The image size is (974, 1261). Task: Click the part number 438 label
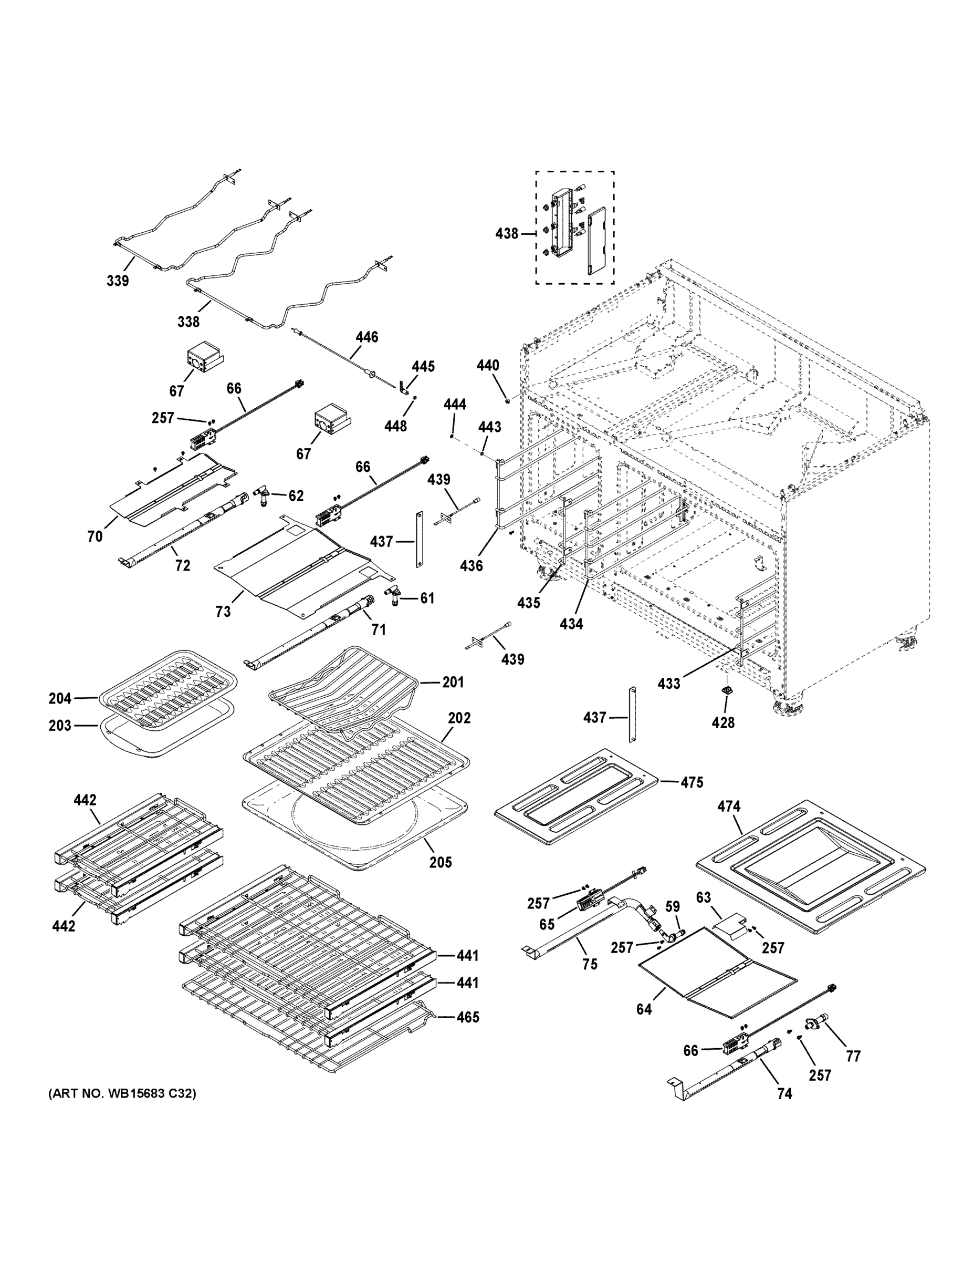506,234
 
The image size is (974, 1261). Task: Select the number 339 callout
118,281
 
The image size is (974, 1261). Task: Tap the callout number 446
366,337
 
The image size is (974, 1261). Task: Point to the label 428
723,722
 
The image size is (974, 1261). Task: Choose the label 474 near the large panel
729,806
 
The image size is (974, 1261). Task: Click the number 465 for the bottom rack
467,1017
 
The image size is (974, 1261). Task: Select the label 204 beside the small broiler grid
60,699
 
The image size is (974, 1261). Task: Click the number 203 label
60,725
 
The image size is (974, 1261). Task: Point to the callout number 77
853,1056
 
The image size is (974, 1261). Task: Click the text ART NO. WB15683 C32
122,1093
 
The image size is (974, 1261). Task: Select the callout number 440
488,366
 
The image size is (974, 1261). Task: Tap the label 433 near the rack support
669,684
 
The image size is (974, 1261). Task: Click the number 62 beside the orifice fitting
296,495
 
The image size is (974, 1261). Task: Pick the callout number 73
223,612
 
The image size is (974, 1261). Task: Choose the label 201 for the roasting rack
453,682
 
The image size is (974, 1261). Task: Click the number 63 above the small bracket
704,897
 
